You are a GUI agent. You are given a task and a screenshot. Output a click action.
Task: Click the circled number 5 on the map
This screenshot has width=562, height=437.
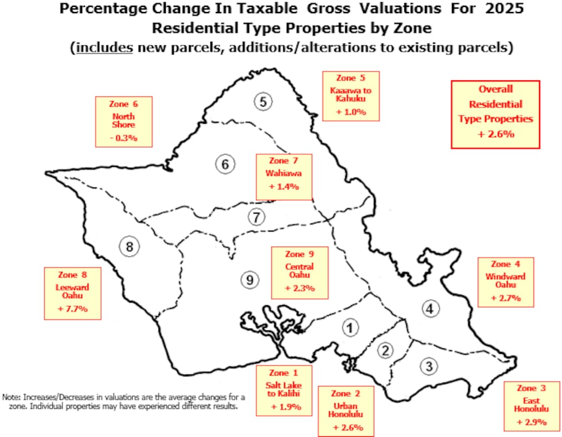point(262,102)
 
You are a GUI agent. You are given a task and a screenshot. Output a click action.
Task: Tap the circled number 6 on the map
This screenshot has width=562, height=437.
point(225,165)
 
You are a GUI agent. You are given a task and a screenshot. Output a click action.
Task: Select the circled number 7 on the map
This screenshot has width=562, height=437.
point(256,217)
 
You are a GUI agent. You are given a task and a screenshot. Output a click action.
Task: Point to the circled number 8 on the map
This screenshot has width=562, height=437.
point(130,247)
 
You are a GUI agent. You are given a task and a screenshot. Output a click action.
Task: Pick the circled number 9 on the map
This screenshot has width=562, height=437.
point(248,279)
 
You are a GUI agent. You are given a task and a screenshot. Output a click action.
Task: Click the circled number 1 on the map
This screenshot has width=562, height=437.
point(350,327)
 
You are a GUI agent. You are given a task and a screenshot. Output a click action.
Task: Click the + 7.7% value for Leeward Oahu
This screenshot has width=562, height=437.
point(72,308)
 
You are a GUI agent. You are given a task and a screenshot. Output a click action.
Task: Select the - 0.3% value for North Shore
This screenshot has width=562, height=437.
point(123,138)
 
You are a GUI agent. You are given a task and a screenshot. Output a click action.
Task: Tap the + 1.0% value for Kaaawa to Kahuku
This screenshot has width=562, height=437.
point(351,112)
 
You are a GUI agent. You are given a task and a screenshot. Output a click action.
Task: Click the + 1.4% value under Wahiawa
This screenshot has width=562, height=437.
point(284,187)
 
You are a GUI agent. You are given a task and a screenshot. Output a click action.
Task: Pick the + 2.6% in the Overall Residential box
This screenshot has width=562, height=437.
point(495,134)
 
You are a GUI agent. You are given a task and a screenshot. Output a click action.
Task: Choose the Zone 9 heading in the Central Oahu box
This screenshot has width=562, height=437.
point(299,254)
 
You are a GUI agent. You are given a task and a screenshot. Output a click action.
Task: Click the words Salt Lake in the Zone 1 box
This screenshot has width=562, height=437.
point(283,385)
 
